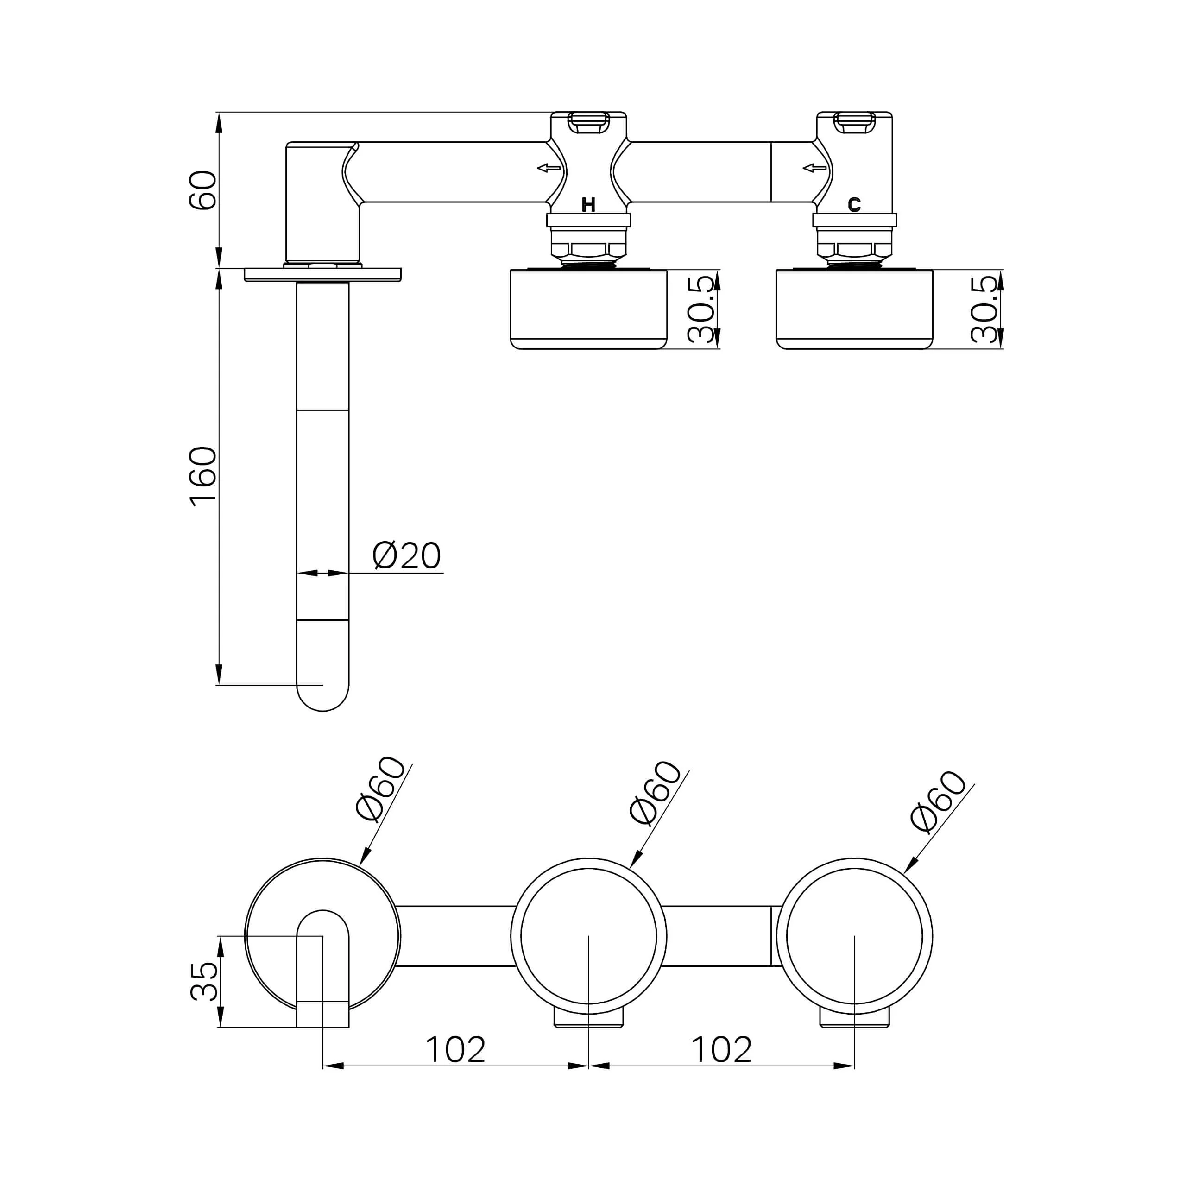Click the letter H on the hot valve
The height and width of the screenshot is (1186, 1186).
pos(588,205)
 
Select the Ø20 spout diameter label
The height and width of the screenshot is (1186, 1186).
pos(406,555)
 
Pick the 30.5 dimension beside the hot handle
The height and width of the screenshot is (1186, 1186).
pos(700,309)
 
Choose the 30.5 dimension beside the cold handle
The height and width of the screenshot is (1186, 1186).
pos(984,309)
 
